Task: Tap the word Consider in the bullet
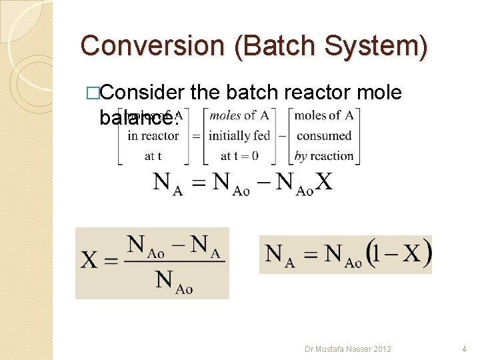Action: point(141,93)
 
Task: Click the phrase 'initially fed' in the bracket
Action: point(239,136)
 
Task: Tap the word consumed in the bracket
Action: point(324,136)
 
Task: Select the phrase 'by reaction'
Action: point(324,156)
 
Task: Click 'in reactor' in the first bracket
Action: point(153,136)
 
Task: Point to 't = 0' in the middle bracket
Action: point(239,156)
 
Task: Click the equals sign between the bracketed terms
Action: point(196,136)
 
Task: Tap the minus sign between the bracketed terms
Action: point(281,136)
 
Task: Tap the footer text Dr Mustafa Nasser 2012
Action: point(347,349)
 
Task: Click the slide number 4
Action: point(463,349)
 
